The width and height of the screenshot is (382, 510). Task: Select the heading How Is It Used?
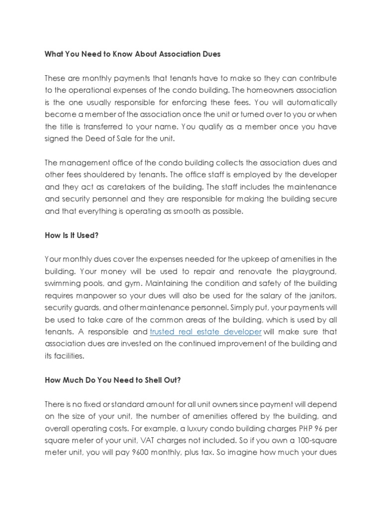click(x=72, y=235)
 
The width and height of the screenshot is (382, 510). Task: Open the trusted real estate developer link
click(x=205, y=332)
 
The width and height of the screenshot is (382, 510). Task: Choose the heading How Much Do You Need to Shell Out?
click(x=112, y=380)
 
